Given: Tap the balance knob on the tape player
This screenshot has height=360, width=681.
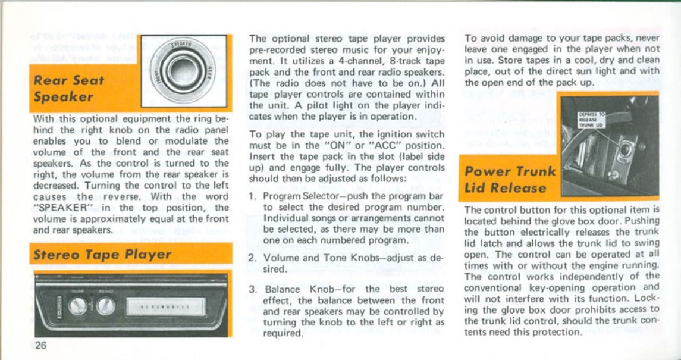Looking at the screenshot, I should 105,306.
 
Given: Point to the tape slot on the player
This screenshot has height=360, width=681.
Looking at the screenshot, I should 160,307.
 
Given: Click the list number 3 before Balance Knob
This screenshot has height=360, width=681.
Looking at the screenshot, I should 252,289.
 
